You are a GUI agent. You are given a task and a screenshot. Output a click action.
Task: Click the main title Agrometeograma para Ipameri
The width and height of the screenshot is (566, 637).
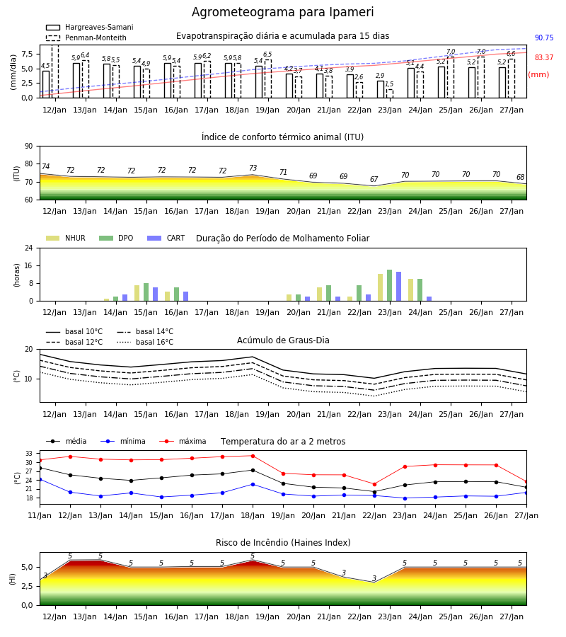[x=282, y=12]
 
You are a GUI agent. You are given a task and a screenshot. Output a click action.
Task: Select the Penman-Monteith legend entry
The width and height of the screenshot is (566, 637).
[x=86, y=38]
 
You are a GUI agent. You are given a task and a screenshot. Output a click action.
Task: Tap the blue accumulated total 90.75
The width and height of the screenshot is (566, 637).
[x=544, y=38]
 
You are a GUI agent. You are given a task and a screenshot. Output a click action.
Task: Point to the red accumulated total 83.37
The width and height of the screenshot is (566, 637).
[x=544, y=58]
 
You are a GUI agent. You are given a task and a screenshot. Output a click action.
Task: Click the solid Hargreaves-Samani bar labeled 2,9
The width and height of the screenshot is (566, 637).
[x=381, y=89]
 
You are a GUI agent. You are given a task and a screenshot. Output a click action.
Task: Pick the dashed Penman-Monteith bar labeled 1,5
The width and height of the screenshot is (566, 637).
[x=389, y=94]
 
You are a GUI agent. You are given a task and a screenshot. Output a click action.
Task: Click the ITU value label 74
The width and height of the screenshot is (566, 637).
[x=45, y=166]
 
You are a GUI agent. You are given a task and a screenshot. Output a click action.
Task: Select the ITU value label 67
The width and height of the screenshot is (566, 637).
[x=374, y=179]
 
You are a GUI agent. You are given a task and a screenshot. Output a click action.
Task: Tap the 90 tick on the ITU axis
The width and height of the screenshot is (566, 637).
[x=29, y=147]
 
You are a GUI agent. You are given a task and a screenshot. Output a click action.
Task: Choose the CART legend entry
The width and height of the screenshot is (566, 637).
[x=166, y=238]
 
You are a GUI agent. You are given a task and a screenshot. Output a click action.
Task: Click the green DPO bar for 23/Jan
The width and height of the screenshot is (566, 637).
[x=389, y=285]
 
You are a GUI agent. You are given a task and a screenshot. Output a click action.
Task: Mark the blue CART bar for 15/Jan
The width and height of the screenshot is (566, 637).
[x=155, y=294]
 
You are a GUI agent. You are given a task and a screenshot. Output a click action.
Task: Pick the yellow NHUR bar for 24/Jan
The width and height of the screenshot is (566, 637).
[x=410, y=290]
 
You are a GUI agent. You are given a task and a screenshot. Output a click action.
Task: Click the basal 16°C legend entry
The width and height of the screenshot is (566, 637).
[x=145, y=342]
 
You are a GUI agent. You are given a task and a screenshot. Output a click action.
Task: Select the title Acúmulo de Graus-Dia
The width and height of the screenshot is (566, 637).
[x=283, y=340]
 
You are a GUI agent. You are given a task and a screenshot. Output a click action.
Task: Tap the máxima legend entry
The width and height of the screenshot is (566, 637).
[x=183, y=441]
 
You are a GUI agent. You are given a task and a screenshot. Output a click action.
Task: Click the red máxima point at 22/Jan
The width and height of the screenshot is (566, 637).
[x=374, y=484]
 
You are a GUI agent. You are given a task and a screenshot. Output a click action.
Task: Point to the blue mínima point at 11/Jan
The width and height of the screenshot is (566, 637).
[x=40, y=479]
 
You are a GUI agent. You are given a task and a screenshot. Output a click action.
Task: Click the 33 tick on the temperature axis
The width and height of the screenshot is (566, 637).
[x=29, y=454]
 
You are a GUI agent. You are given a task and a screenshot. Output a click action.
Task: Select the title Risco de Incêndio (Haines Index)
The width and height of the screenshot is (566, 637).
[x=283, y=543]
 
